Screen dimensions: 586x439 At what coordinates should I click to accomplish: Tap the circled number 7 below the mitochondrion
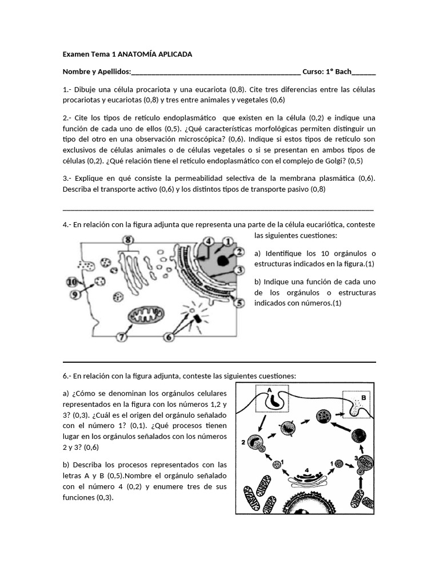coord(122,337)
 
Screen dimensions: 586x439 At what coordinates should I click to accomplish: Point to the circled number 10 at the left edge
coord(71,282)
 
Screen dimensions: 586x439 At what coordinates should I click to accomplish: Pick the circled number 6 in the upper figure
coord(169,337)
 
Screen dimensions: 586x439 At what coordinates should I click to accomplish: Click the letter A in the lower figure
coord(270,390)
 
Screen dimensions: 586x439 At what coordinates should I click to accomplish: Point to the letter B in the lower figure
coord(363,397)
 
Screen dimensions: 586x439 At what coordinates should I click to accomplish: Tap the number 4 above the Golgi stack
coord(307,470)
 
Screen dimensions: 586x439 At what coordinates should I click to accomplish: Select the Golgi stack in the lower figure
coord(308,480)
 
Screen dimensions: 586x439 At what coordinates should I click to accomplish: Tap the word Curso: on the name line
coord(313,72)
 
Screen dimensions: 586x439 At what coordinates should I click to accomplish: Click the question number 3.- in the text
coord(67,179)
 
